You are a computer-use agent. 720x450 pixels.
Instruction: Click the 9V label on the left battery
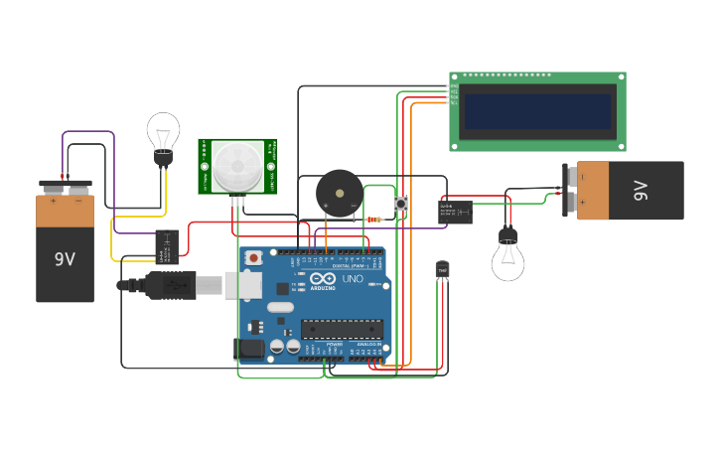pyautogui.click(x=65, y=259)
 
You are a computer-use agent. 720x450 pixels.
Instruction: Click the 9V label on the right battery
pyautogui.click(x=641, y=190)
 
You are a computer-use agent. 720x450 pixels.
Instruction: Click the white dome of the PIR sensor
pyautogui.click(x=237, y=165)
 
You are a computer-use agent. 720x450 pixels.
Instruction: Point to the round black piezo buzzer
pyautogui.click(x=339, y=193)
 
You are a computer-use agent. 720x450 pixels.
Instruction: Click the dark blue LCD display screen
pyautogui.click(x=537, y=111)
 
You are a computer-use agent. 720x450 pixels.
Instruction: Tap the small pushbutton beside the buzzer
pyautogui.click(x=401, y=204)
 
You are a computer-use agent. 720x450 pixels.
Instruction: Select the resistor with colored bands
pyautogui.click(x=374, y=219)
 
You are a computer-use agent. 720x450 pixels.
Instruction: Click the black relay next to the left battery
pyautogui.click(x=167, y=246)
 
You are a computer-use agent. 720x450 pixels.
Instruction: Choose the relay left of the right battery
pyautogui.click(x=456, y=212)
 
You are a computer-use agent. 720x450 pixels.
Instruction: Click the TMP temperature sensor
pyautogui.click(x=442, y=270)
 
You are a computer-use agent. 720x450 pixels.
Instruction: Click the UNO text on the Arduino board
pyautogui.click(x=353, y=279)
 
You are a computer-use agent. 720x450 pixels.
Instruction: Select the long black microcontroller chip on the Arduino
pyautogui.click(x=342, y=328)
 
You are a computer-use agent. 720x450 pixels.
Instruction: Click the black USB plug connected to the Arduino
pyautogui.click(x=169, y=284)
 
